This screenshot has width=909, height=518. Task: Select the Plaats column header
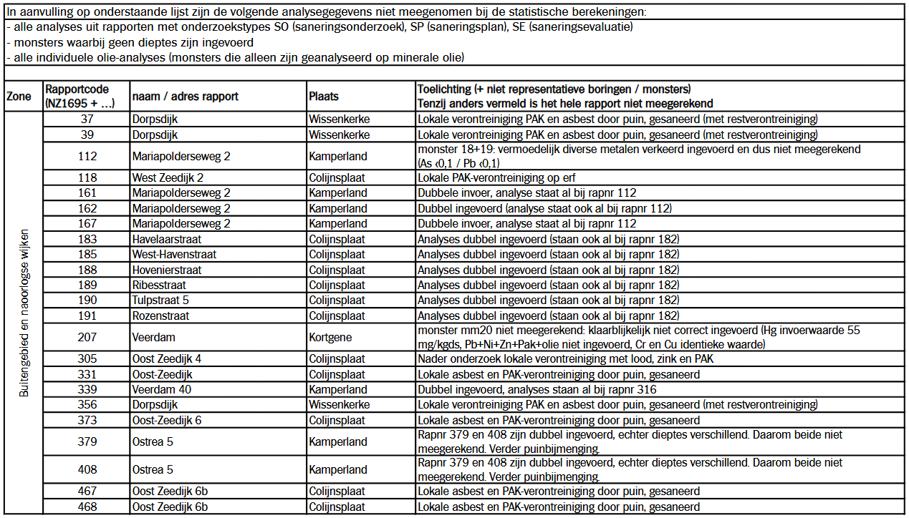tap(324, 97)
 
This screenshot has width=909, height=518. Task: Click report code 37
tap(87, 119)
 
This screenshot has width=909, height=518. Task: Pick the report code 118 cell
tap(87, 177)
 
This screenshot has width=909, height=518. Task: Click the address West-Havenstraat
tap(174, 254)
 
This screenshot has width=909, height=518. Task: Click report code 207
tap(87, 337)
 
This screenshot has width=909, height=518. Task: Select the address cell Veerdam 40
tap(160, 390)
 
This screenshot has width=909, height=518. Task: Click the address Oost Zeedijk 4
tap(166, 359)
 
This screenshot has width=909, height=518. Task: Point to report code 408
tap(87, 470)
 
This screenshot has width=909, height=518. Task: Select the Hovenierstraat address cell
tap(167, 270)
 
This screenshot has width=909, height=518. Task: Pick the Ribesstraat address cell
tap(159, 285)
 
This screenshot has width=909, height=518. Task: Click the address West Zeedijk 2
tap(168, 177)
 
